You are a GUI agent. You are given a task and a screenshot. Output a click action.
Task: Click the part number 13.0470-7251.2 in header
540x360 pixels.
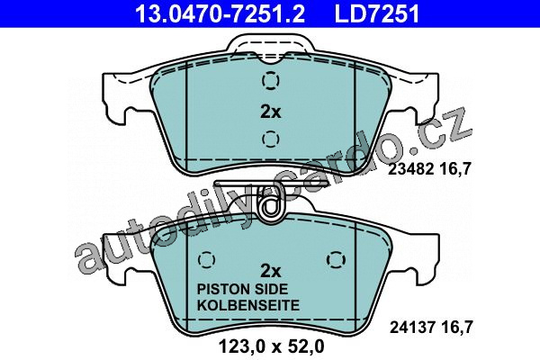220,13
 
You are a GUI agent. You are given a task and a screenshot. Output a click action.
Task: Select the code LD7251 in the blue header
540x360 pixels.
377,13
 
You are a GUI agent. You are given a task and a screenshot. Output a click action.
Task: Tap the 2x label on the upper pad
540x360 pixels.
270,112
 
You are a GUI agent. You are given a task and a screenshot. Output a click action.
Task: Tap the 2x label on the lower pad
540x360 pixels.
270,272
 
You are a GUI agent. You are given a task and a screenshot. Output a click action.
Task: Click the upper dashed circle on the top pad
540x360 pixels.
270,81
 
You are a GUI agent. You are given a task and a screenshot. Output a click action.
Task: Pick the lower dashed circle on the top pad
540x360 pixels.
270,139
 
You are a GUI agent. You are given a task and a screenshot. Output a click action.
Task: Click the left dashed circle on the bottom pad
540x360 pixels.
207,259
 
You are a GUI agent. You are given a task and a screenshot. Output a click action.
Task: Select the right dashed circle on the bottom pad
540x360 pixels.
337,259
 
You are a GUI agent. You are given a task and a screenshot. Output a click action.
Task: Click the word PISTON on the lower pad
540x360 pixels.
223,289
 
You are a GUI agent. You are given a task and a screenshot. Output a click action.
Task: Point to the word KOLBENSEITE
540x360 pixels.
248,306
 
